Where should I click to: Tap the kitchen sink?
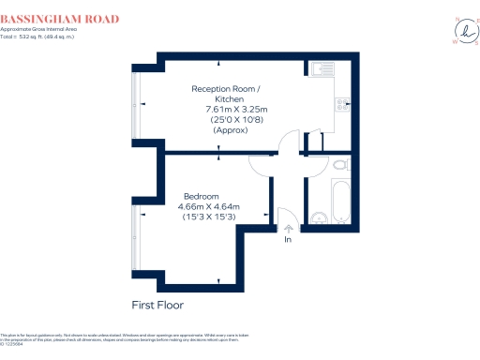pyautogui.click(x=321, y=67)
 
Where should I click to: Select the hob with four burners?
pyautogui.click(x=344, y=104)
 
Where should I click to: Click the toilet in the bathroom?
pyautogui.click(x=341, y=165)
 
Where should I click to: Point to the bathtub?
pyautogui.click(x=341, y=199)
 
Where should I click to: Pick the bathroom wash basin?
pyautogui.click(x=320, y=217)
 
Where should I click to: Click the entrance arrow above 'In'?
pyautogui.click(x=289, y=228)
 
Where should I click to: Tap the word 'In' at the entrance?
pyautogui.click(x=289, y=239)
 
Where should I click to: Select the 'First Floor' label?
pyautogui.click(x=157, y=306)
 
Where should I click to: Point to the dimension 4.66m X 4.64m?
pyautogui.click(x=209, y=206)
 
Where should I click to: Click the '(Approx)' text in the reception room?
pyautogui.click(x=230, y=130)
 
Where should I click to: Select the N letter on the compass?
pyautogui.click(x=457, y=18)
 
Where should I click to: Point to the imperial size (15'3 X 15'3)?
pyautogui.click(x=209, y=217)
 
